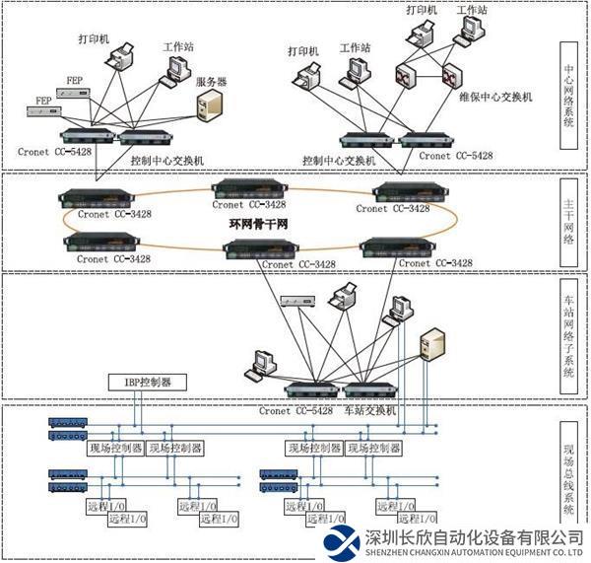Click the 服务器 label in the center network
[x=211, y=82]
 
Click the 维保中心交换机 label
[x=495, y=97]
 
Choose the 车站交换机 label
[x=369, y=410]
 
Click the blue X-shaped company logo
[x=342, y=541]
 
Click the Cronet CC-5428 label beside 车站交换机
[x=295, y=410]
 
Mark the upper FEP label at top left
[x=75, y=79]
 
